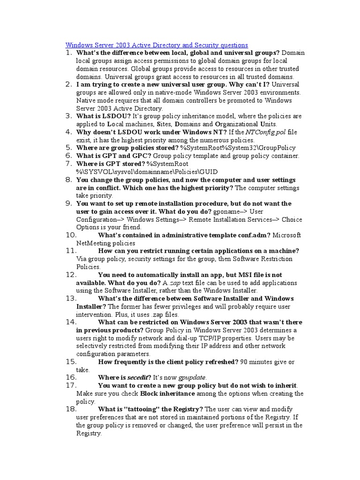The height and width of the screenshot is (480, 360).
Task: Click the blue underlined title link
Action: coord(157,45)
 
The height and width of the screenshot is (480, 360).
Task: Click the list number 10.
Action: coord(71,235)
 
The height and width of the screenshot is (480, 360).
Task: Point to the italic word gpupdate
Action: coord(192,377)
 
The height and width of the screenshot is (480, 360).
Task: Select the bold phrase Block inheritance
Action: coord(167,393)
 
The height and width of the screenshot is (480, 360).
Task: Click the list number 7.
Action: coord(68,164)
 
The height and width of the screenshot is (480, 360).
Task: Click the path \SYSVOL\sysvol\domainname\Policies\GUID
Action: coord(146,172)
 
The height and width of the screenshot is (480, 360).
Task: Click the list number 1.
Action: coord(68,53)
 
